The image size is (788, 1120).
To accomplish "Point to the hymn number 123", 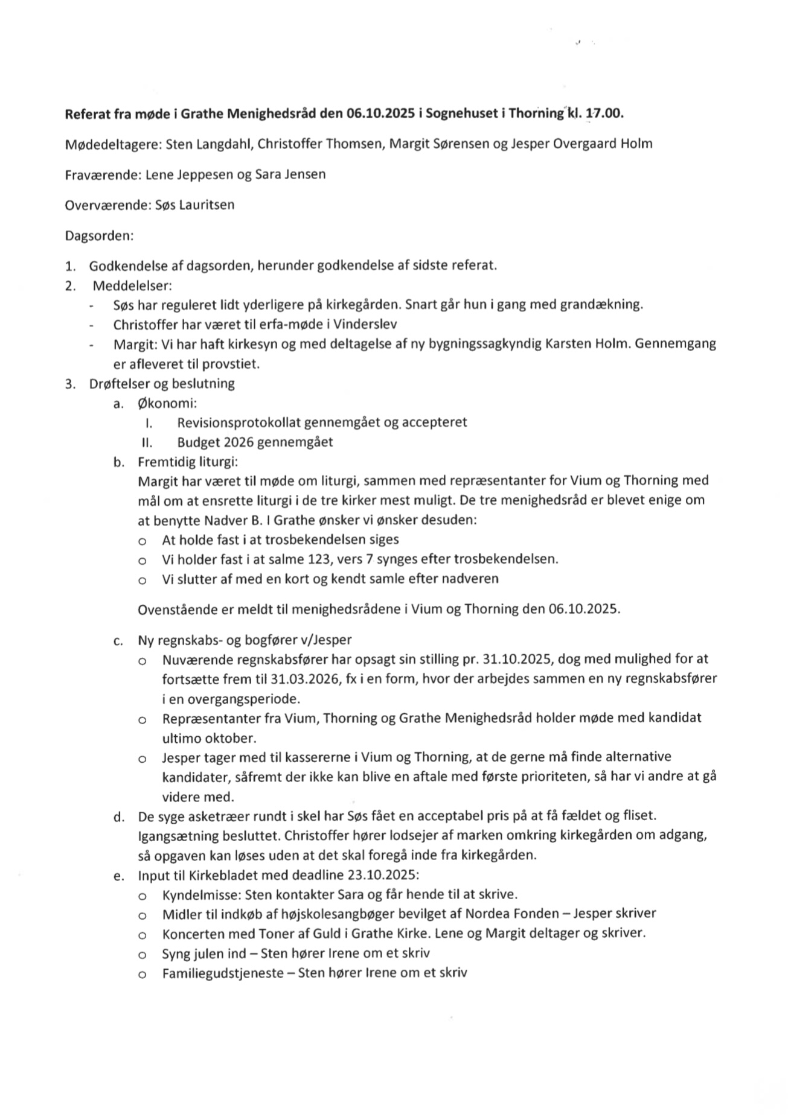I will pos(320,559).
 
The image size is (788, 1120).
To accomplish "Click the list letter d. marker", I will pos(118,817).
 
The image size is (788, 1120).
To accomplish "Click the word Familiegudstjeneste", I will pos(220,973).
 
